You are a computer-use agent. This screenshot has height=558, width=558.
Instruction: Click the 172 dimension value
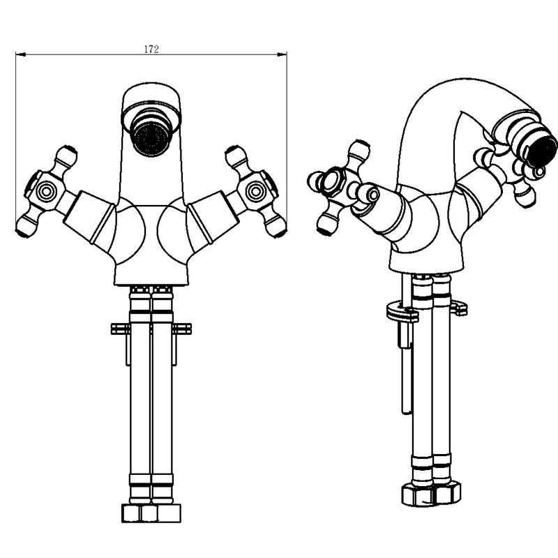151,49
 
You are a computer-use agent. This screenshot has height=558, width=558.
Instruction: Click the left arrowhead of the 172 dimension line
21,54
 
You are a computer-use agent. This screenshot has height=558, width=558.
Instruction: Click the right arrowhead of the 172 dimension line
282,54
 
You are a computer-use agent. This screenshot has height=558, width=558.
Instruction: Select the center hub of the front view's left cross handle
46,190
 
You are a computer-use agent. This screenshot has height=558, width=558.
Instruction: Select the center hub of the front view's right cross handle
255,190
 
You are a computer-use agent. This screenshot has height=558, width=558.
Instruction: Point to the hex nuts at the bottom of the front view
151,513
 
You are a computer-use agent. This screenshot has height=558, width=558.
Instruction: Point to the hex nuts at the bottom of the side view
431,494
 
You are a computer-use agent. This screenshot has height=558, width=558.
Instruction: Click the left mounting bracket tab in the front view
120,329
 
